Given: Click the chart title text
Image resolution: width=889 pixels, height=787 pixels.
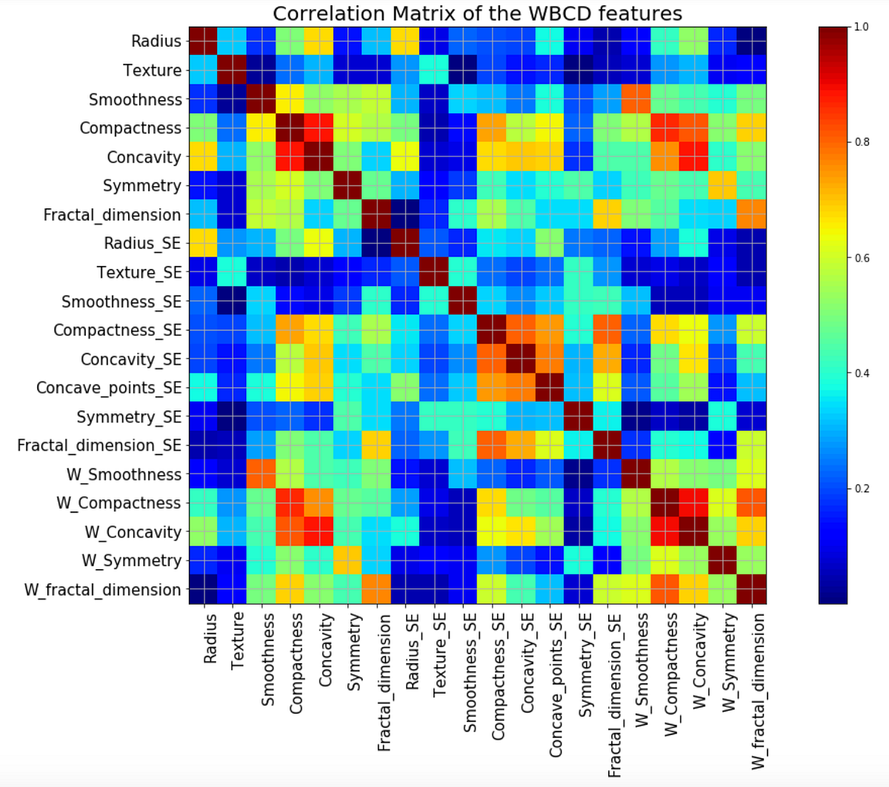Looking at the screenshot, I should (477, 13).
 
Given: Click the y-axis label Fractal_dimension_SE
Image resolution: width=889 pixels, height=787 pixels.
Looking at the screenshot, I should (99, 445).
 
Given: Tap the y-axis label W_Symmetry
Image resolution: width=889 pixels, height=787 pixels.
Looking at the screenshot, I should (131, 561).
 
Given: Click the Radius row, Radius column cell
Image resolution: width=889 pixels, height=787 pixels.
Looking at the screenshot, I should (203, 41).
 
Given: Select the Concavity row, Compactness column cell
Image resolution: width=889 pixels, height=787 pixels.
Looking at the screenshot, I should (290, 157).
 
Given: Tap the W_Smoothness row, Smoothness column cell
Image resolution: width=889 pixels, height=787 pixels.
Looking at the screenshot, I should (261, 474).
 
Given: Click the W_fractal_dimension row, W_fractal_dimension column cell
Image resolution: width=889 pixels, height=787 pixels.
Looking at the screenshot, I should (751, 590).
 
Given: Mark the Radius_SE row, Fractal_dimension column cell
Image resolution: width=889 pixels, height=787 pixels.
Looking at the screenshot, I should (376, 244).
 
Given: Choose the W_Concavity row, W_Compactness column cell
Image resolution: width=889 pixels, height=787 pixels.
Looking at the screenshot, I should (665, 532).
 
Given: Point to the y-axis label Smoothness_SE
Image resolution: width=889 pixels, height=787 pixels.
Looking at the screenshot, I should (121, 302).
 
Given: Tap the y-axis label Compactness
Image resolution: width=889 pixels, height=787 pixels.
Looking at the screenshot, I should (130, 128).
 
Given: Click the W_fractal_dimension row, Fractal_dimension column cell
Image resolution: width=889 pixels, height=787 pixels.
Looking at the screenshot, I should (376, 590).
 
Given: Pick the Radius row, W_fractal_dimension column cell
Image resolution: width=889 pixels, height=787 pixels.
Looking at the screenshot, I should (751, 41).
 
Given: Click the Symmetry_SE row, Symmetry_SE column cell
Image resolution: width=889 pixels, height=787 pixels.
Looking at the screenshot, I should (578, 416).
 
